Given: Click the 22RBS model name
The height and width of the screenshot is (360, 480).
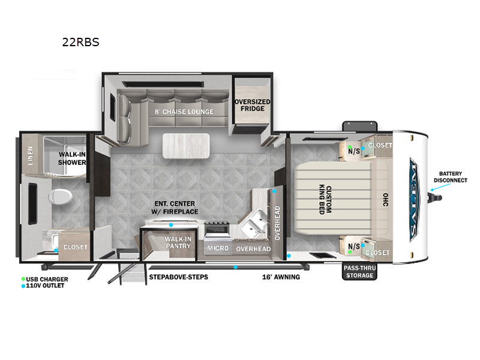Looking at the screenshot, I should point(81,43).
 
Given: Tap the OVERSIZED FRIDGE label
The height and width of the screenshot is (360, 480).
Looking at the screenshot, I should point(252,106).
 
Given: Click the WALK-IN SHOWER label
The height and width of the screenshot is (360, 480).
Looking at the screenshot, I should point(71,158).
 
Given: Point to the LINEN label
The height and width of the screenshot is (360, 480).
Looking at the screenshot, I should point(29,157).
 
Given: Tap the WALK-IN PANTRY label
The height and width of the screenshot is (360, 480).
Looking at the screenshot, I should point(178,243).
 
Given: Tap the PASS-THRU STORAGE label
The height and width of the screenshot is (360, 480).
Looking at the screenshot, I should point(358,272).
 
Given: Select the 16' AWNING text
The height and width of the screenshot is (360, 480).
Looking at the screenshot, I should point(281,277).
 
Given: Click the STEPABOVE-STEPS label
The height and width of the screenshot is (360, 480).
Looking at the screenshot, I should point(174,277).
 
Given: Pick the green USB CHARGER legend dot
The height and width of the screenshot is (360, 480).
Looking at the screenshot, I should point(23,279).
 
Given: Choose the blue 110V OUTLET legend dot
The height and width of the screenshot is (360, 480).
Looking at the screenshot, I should point(23,286).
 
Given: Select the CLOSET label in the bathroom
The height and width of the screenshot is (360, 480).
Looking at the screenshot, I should point(76,247).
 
